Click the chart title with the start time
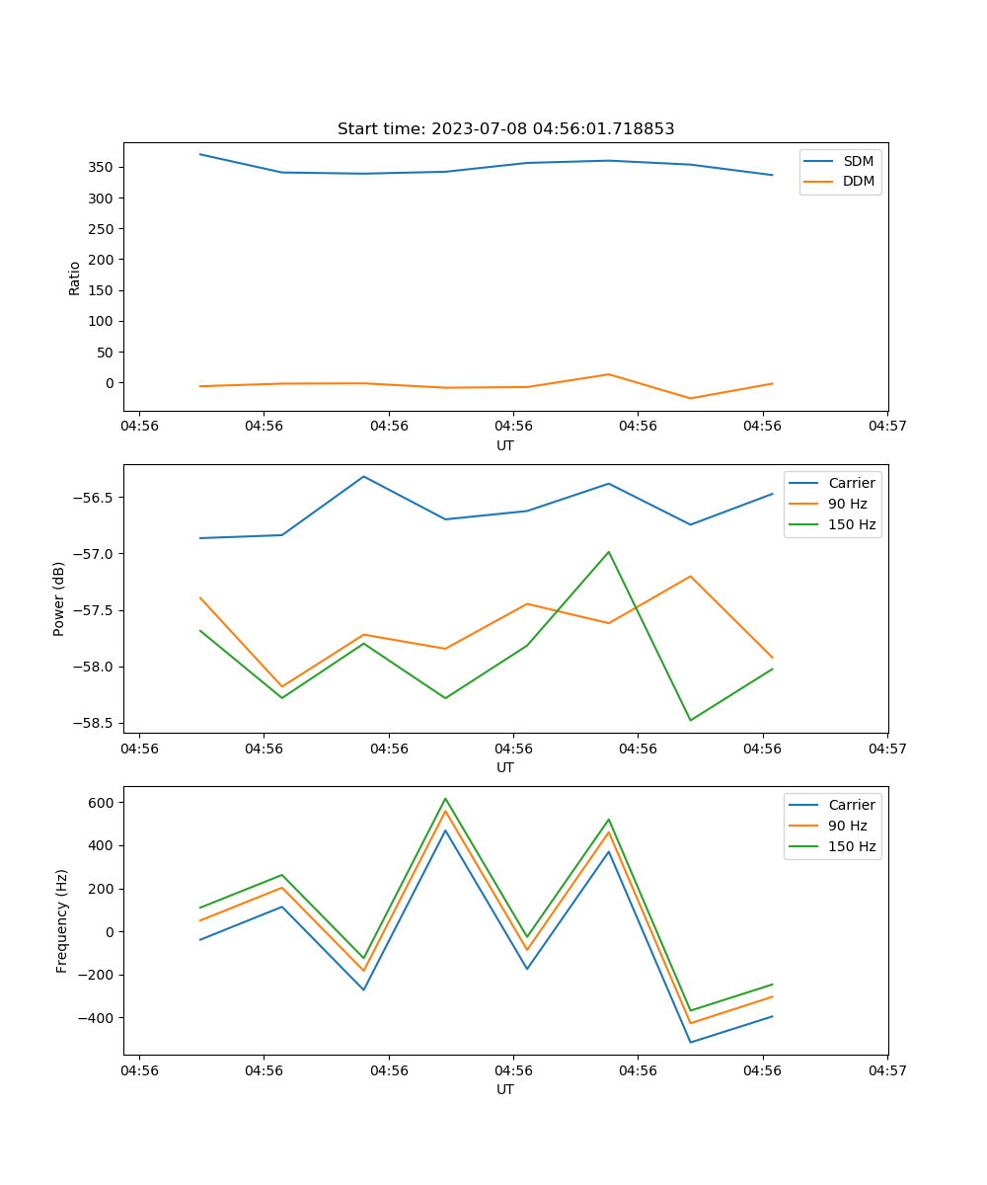pos(505,129)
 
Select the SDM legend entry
pos(858,161)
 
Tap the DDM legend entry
pos(858,182)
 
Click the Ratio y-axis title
pos(75,277)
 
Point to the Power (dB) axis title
pos(59,598)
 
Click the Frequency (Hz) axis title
pos(61,920)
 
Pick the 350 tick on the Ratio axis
pos(101,167)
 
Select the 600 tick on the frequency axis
pos(100,803)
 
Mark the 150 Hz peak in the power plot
pos(609,552)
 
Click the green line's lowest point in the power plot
pos(690,720)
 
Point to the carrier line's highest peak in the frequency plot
pos(445,829)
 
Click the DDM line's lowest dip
pos(690,398)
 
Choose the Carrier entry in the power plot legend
pos(851,483)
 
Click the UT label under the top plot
pos(505,445)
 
